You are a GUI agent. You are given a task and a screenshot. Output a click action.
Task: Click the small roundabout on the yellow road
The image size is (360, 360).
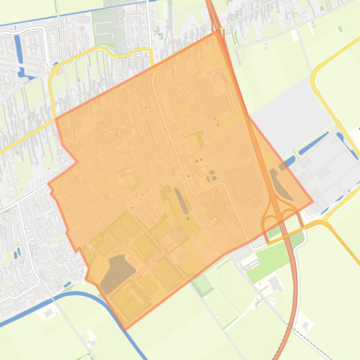click(x=56, y=70)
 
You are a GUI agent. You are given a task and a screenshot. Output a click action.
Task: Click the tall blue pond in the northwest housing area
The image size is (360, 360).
click(x=18, y=47)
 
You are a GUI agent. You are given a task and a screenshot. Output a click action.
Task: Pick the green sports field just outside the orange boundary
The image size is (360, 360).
click(x=202, y=283)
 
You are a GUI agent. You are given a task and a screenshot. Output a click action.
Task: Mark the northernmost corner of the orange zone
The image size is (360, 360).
click(x=218, y=31)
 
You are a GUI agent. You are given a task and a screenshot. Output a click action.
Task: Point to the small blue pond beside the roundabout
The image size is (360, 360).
click(x=56, y=64)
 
